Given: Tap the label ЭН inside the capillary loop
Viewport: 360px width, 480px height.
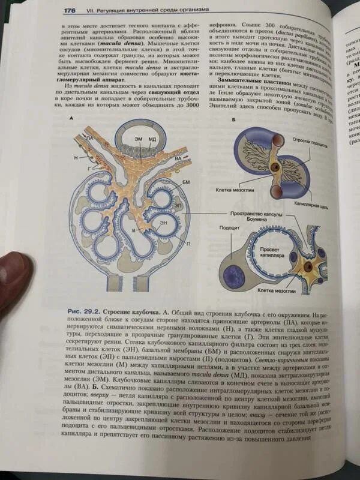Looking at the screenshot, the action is pyautogui.click(x=163, y=223).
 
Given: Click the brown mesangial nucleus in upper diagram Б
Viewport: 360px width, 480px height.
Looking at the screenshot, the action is pyautogui.click(x=275, y=166).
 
